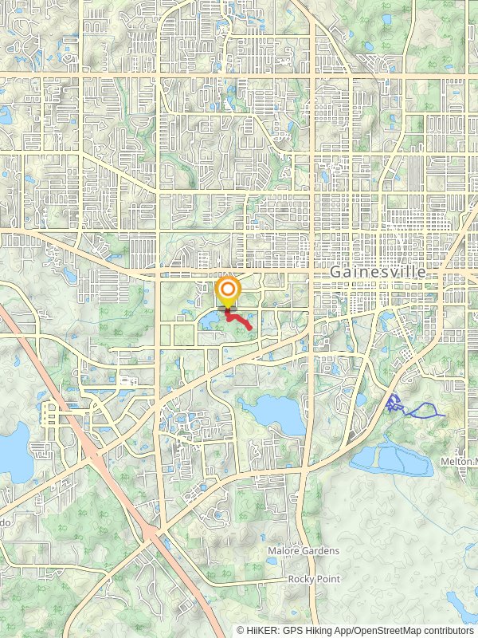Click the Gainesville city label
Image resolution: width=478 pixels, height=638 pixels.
click(377, 272)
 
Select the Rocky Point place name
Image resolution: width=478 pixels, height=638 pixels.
click(314, 578)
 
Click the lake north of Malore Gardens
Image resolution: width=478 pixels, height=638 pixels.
click(272, 412)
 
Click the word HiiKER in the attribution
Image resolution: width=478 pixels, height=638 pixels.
click(262, 630)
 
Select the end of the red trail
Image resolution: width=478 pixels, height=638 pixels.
click(252, 328)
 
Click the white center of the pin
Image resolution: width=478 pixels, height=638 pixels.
click(229, 289)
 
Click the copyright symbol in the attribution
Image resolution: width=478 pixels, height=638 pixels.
click(240, 630)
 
